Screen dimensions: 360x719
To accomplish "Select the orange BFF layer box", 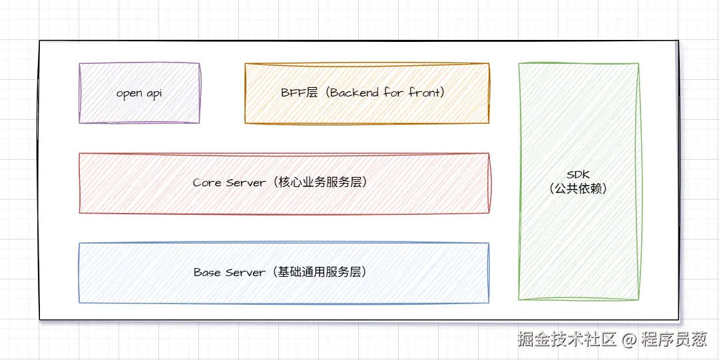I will pos(367,110).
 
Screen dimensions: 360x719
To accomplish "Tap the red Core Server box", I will pos(284,199).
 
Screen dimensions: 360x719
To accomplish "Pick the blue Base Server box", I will pos(284,289).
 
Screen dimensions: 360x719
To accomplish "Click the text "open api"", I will pos(139,93).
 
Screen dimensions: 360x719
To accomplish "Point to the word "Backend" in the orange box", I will pos(355,92).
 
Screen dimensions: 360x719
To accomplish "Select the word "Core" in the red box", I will pos(207,182).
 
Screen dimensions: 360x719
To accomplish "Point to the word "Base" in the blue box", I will pos(207,272).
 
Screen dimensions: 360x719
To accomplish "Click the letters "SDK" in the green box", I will pos(579,175).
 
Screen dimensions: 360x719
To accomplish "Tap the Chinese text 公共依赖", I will pos(579,189).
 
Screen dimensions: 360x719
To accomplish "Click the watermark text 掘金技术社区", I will pos(568,339).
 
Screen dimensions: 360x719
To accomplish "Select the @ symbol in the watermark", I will pos(630,340).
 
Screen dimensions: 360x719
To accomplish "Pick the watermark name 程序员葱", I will pos(674,339).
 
